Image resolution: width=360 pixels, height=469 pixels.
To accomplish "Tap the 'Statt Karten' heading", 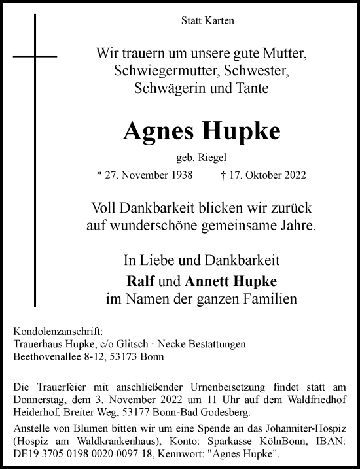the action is pos(207,21).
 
